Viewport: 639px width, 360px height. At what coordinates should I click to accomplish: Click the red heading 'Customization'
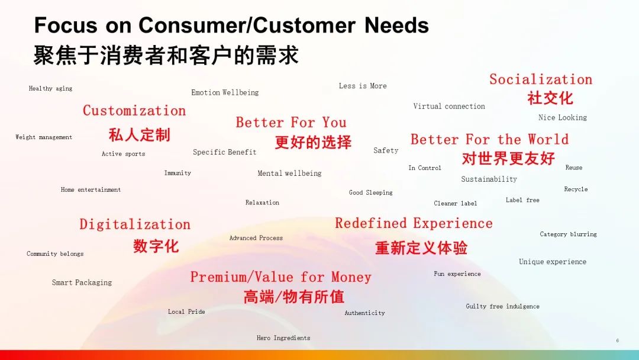pyautogui.click(x=134, y=111)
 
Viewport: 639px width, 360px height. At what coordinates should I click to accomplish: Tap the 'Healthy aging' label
pyautogui.click(x=50, y=88)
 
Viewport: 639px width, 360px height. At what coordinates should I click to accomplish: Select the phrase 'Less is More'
pyautogui.click(x=363, y=86)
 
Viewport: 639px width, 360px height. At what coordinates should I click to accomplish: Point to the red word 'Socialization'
pyautogui.click(x=541, y=79)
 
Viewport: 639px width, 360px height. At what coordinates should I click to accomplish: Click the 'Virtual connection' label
pyautogui.click(x=449, y=106)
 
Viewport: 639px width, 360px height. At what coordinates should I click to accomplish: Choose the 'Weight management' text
pyautogui.click(x=44, y=137)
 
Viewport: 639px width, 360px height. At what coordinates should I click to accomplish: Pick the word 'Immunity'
pyautogui.click(x=177, y=173)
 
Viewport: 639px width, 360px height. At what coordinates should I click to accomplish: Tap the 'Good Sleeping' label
pyautogui.click(x=371, y=192)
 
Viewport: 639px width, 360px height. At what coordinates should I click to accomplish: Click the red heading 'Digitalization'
pyautogui.click(x=135, y=224)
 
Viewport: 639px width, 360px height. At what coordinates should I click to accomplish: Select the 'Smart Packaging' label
pyautogui.click(x=82, y=282)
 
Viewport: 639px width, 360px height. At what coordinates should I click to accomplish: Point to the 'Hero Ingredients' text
pyautogui.click(x=283, y=338)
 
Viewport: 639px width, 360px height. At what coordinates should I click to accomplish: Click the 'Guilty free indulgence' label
pyautogui.click(x=502, y=306)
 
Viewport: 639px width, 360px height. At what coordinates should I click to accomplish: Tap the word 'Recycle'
pyautogui.click(x=576, y=189)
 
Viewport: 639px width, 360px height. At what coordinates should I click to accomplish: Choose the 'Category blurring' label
pyautogui.click(x=569, y=234)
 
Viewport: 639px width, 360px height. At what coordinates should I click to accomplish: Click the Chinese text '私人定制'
pyautogui.click(x=140, y=135)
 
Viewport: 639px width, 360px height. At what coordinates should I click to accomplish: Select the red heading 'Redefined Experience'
pyautogui.click(x=414, y=223)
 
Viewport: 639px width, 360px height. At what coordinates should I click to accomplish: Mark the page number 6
pyautogui.click(x=617, y=340)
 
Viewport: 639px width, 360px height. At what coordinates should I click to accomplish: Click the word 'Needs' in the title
pyautogui.click(x=396, y=25)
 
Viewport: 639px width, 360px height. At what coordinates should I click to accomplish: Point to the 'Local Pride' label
pyautogui.click(x=186, y=311)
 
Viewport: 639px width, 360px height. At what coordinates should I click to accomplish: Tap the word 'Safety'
pyautogui.click(x=386, y=150)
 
